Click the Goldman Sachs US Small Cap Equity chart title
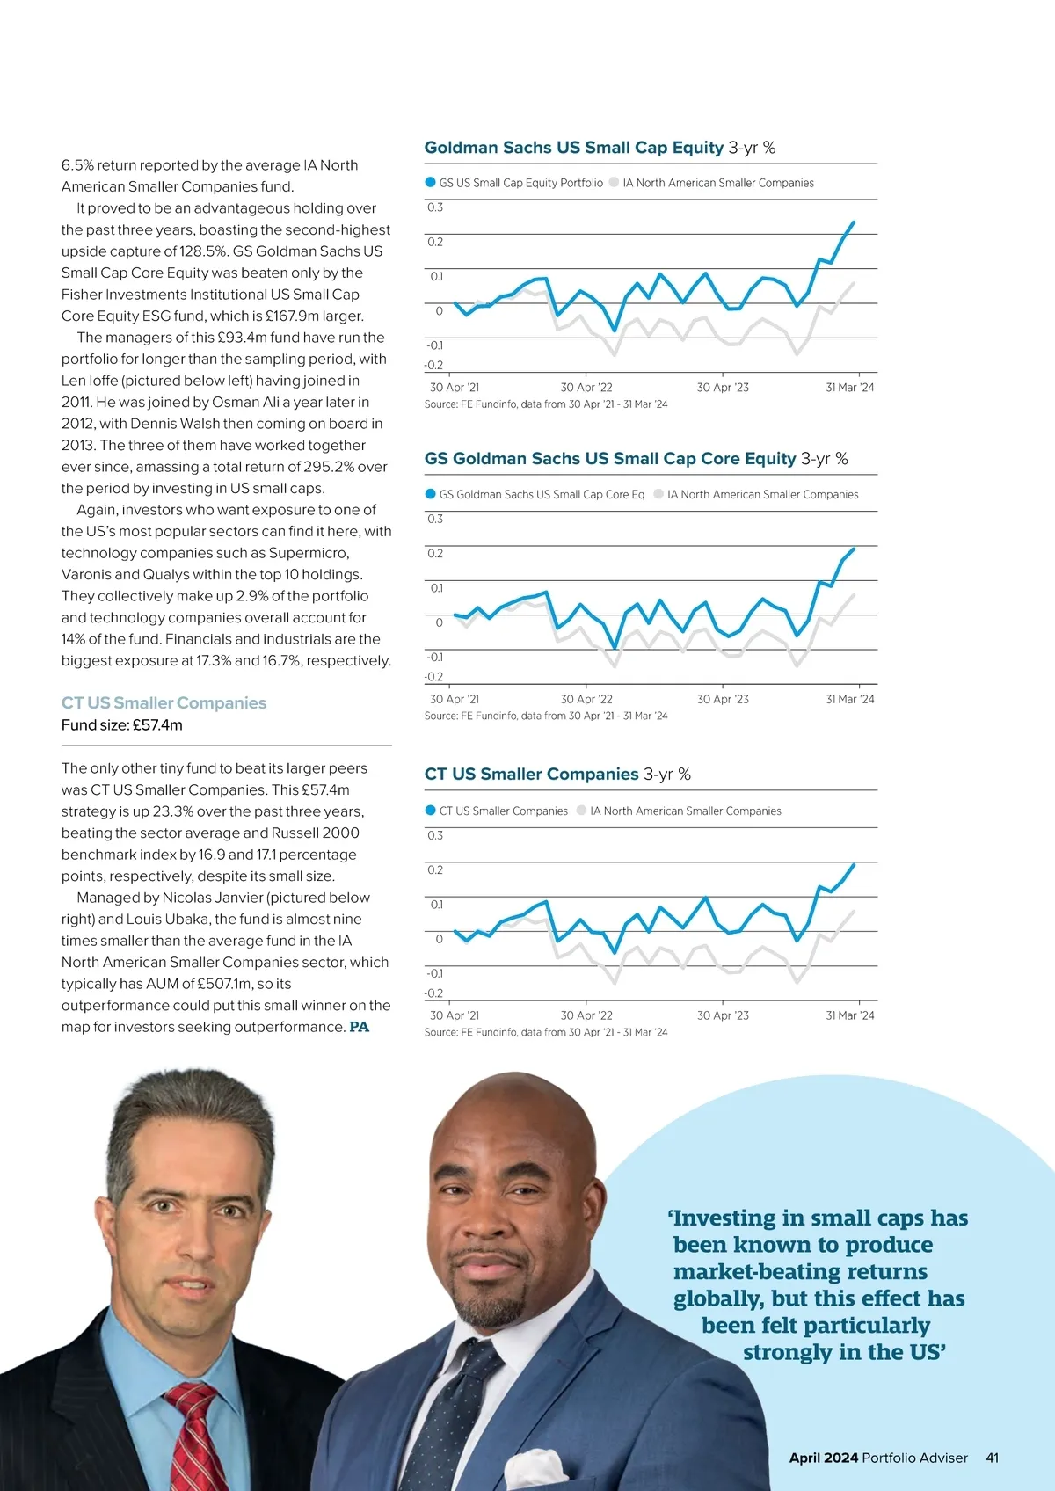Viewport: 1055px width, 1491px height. (x=573, y=148)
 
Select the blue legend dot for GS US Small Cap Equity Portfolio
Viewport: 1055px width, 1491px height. (x=431, y=183)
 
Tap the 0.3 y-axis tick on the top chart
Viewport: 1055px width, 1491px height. (x=435, y=207)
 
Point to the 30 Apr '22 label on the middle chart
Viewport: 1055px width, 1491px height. (x=586, y=699)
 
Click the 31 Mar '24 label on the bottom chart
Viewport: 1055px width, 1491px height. (x=850, y=1015)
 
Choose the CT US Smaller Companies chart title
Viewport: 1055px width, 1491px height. (x=531, y=775)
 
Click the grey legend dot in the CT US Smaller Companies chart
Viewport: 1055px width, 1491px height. (x=582, y=811)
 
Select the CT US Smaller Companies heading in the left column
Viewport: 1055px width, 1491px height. (x=164, y=702)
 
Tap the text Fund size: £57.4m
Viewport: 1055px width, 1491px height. (x=122, y=725)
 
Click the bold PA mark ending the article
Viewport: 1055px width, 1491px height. (x=359, y=1027)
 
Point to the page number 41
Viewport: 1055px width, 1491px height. (x=993, y=1458)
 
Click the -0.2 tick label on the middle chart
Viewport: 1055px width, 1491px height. (x=433, y=677)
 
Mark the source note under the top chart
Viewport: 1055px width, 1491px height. (x=546, y=404)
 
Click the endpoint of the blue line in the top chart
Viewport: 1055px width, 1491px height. (x=853, y=222)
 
